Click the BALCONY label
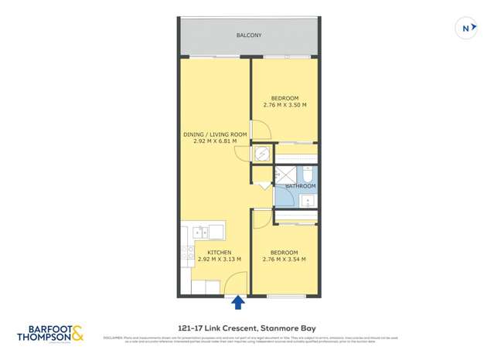pos(248,36)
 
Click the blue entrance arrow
pos(238,302)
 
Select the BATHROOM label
pos(300,186)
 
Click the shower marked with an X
pos(286,175)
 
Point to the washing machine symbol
pos(263,154)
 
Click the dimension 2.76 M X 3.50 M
pos(284,105)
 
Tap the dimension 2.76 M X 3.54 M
pos(284,260)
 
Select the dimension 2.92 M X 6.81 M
pos(215,141)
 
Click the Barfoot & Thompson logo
pos(50,335)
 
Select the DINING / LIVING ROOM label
pos(215,134)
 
